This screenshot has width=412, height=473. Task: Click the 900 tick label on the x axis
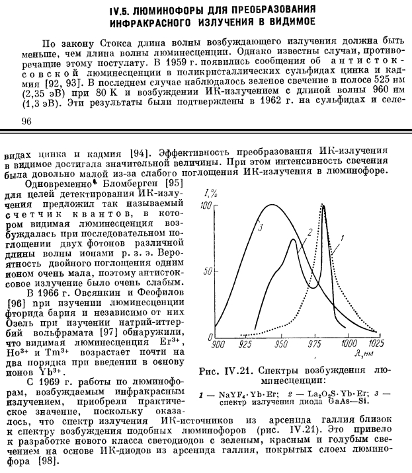tap(218, 344)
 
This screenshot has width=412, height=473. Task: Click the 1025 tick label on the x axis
tap(378, 344)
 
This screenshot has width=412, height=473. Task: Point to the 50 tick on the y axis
tap(208, 271)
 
